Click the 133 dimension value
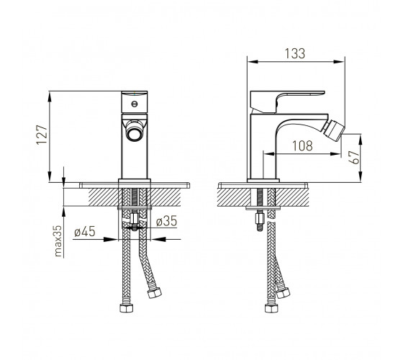[x=295, y=53]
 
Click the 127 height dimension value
[x=42, y=135]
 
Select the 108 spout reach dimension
[x=302, y=145]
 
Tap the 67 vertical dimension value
[x=354, y=158]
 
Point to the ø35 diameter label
[x=166, y=221]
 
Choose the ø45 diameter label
[x=85, y=231]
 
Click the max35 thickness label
[x=58, y=241]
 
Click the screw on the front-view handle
[x=134, y=104]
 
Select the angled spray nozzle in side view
[x=334, y=131]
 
